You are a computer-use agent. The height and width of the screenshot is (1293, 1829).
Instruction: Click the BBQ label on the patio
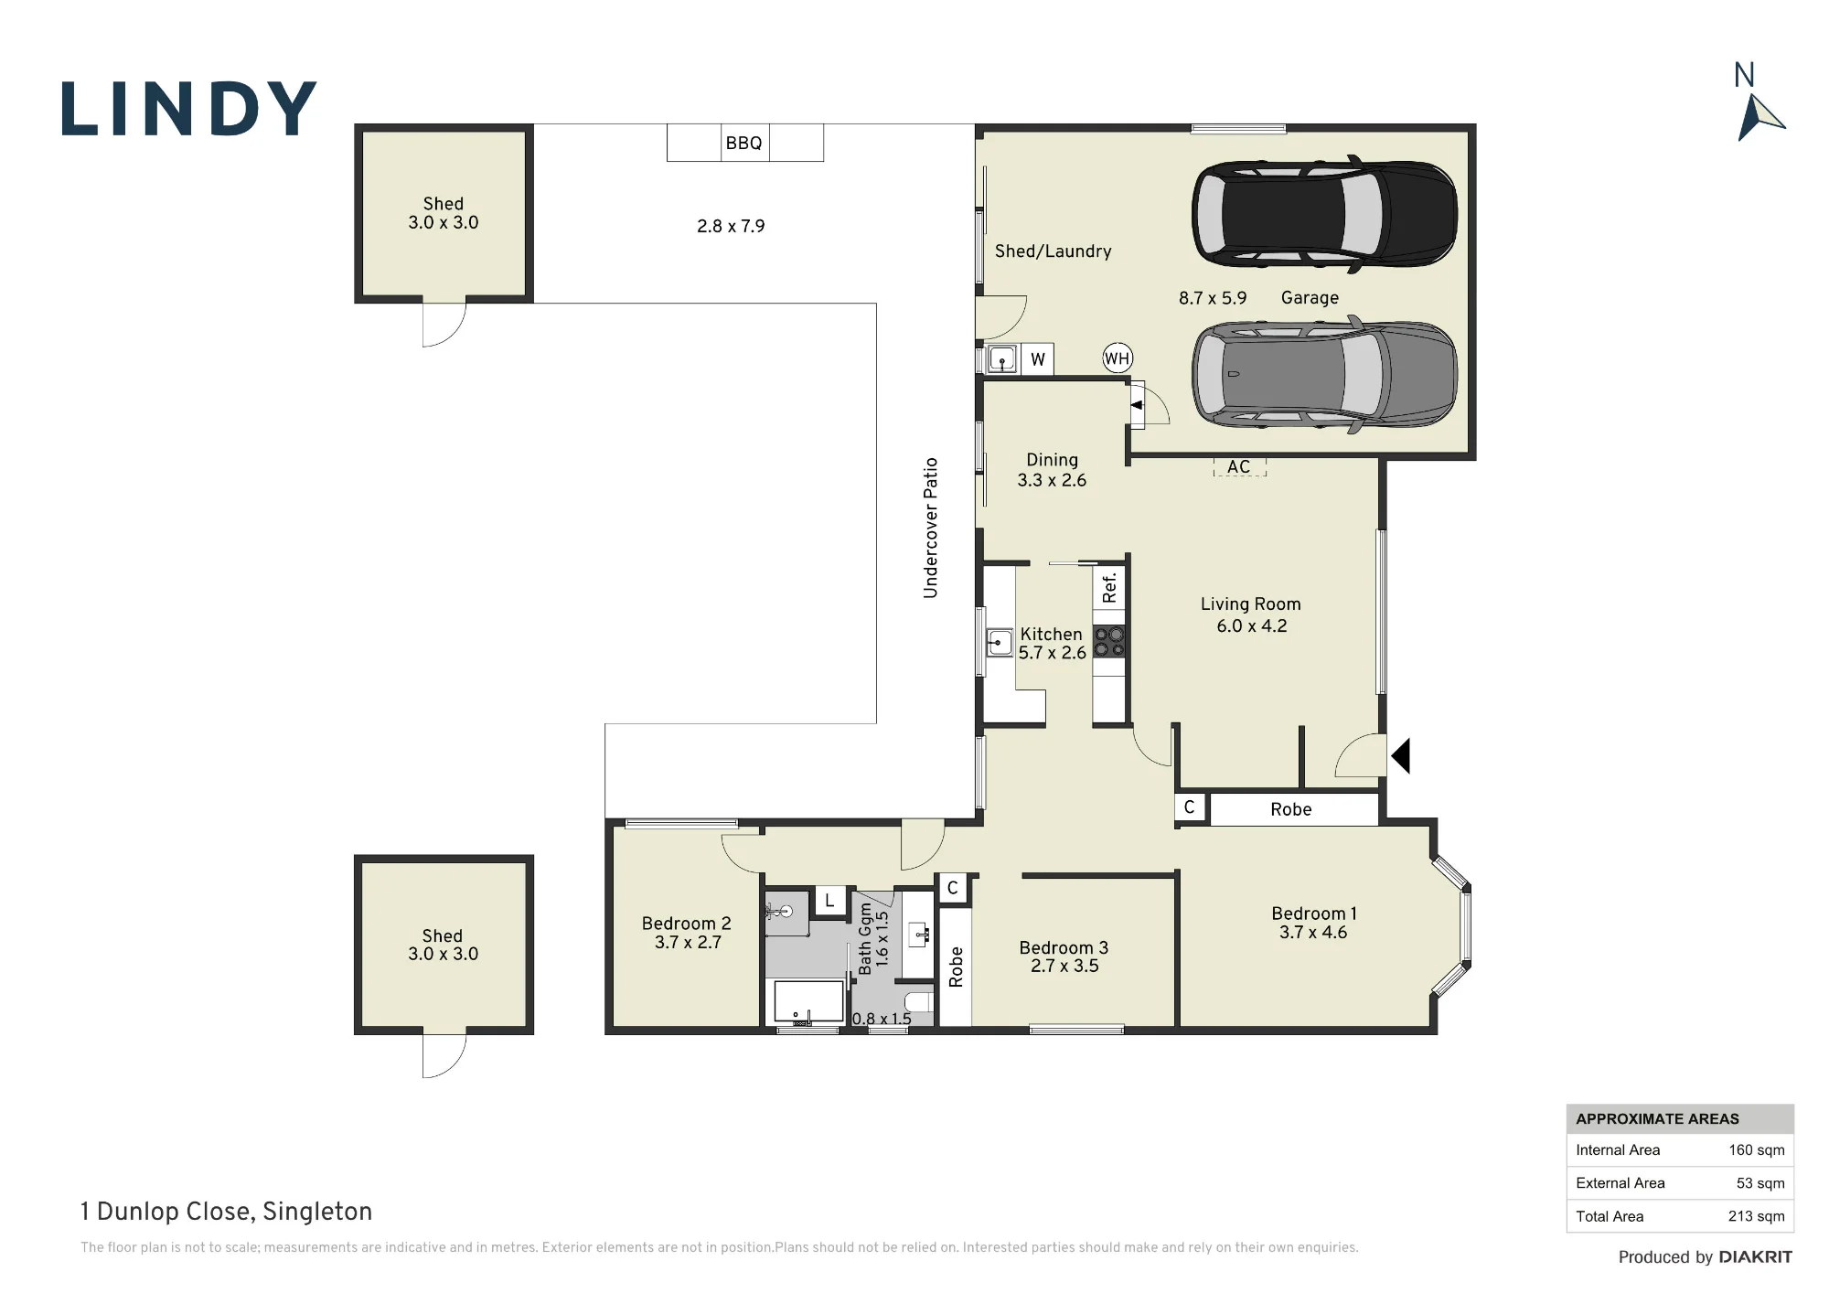pyautogui.click(x=743, y=144)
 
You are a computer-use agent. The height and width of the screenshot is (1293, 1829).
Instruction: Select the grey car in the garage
pyautogui.click(x=1324, y=373)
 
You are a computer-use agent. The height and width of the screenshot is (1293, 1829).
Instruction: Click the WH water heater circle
pyautogui.click(x=1118, y=358)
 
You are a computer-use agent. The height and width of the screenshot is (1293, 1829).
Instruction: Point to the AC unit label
pyautogui.click(x=1239, y=467)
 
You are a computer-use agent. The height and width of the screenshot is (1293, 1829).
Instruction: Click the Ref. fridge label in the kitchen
pyautogui.click(x=1109, y=588)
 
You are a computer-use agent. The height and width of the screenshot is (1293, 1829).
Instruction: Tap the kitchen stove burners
pyautogui.click(x=1109, y=642)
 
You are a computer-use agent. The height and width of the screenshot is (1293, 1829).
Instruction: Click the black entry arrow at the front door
pyautogui.click(x=1401, y=756)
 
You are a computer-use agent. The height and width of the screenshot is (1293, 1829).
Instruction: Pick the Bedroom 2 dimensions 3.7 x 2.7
pyautogui.click(x=688, y=943)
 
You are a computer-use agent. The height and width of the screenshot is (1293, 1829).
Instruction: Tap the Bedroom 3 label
pyautogui.click(x=1064, y=948)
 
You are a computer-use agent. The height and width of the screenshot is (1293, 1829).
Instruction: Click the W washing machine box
pyautogui.click(x=1037, y=359)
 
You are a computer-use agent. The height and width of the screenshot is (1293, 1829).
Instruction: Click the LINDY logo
pyautogui.click(x=189, y=109)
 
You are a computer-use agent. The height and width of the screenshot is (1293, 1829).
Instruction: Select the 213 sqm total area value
pyautogui.click(x=1756, y=1216)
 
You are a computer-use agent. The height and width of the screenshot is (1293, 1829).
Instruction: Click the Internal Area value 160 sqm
pyautogui.click(x=1756, y=1150)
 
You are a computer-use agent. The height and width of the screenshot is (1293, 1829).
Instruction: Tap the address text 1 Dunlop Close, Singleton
pyautogui.click(x=226, y=1212)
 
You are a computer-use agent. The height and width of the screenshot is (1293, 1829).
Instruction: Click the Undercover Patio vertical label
pyautogui.click(x=931, y=529)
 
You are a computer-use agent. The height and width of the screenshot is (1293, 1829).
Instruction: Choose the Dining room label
pyautogui.click(x=1052, y=460)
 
